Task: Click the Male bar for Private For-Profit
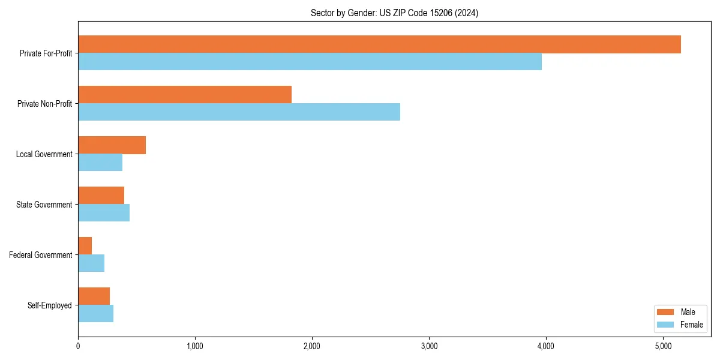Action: click(x=379, y=44)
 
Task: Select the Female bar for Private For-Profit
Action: click(x=310, y=62)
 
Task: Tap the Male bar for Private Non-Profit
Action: click(x=185, y=95)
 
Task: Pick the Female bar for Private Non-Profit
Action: click(x=239, y=112)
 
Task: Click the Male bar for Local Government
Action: click(x=112, y=145)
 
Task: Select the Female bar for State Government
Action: click(x=104, y=213)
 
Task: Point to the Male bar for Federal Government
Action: click(x=85, y=246)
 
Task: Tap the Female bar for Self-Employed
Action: click(x=95, y=314)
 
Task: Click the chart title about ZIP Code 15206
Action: click(x=394, y=13)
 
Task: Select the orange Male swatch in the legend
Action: click(x=666, y=312)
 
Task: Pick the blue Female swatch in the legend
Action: click(x=666, y=325)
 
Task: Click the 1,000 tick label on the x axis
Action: click(x=195, y=346)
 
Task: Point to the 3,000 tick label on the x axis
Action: click(x=429, y=346)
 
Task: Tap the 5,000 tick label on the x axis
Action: click(x=663, y=346)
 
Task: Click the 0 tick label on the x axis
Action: click(x=78, y=346)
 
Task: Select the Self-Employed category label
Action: click(x=50, y=305)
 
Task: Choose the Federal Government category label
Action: click(x=41, y=255)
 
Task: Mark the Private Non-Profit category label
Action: click(x=44, y=104)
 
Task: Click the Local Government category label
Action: click(x=44, y=154)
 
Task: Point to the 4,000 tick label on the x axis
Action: click(x=546, y=346)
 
